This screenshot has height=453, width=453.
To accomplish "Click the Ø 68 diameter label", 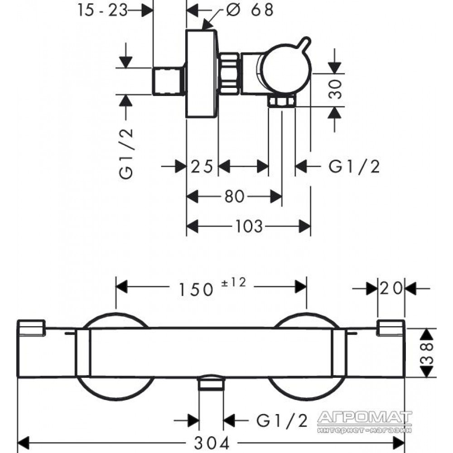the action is tap(250, 10).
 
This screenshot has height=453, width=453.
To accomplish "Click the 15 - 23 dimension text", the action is tap(102, 10).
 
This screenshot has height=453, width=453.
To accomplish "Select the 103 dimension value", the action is tap(249, 226).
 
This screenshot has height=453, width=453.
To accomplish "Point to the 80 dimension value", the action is tap(234, 197).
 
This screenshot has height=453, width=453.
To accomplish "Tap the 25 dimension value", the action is tap(202, 166).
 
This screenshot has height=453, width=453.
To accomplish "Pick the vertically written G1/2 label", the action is tap(126, 153).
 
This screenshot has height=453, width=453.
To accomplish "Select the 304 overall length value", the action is tap(212, 443).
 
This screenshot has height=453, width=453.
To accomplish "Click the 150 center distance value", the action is tap(196, 289).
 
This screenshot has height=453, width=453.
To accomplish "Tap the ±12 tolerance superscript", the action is tap(233, 282).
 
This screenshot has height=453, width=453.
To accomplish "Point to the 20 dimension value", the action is tap(391, 288).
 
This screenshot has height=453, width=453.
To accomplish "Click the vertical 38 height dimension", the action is tap(427, 353).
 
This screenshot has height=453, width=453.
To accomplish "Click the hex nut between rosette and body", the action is tap(229, 73).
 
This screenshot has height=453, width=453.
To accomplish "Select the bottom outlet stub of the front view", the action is tap(211, 383).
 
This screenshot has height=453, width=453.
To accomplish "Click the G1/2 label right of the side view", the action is tap(354, 166).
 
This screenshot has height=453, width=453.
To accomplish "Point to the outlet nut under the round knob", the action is tap(282, 101).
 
